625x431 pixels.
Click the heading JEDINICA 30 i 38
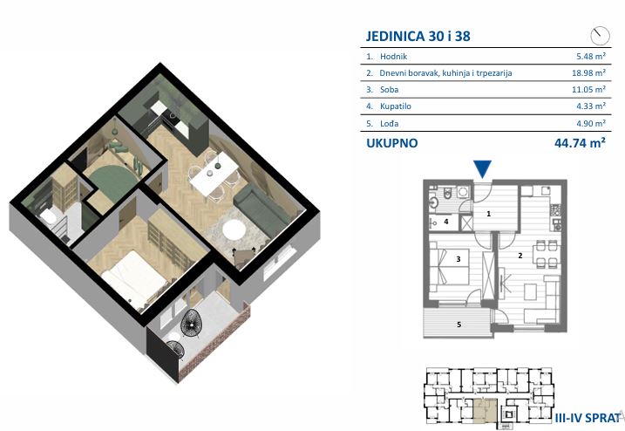tap(418, 36)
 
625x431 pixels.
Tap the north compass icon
tap(600, 36)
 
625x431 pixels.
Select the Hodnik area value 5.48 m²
tap(591, 56)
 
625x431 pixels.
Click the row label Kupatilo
tap(396, 106)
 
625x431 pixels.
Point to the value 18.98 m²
tap(588, 73)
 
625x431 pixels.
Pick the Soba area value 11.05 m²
tap(588, 89)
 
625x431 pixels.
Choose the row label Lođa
tap(389, 123)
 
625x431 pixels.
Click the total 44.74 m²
tap(580, 142)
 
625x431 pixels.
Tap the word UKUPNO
tap(391, 143)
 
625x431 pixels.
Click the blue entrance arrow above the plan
tap(483, 168)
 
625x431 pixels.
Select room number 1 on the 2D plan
tap(489, 214)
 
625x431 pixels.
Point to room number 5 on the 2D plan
tap(459, 325)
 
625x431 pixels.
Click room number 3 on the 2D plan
tap(459, 259)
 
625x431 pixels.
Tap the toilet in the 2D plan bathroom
tap(448, 193)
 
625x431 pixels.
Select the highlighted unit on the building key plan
tap(485, 411)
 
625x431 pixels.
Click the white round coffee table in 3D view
tap(234, 229)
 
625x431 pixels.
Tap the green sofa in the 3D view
tap(262, 208)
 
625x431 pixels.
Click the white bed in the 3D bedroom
tap(133, 277)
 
